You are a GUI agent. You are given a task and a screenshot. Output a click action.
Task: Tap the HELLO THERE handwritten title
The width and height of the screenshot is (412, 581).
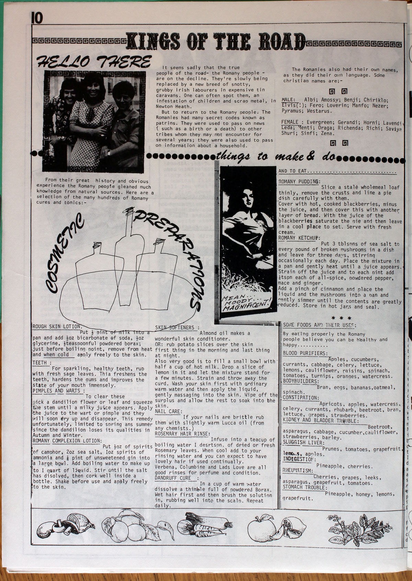coord(93,62)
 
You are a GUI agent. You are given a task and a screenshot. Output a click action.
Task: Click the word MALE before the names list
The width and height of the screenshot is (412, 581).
coord(288,100)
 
